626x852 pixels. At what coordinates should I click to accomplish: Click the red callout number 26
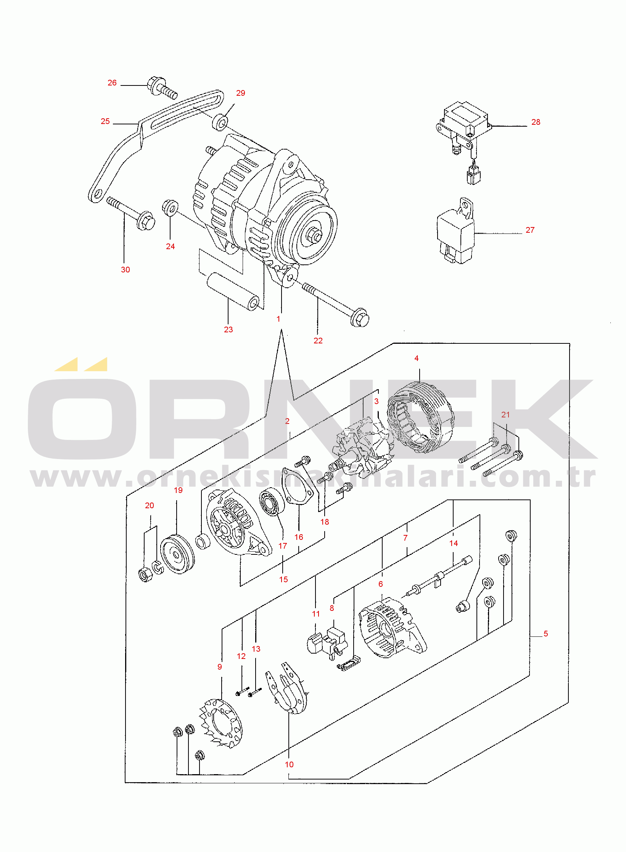pyautogui.click(x=112, y=83)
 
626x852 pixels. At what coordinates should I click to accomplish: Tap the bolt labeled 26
pyautogui.click(x=162, y=87)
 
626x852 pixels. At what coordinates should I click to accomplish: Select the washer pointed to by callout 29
pyautogui.click(x=220, y=122)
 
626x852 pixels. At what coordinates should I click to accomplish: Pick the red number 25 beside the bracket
pyautogui.click(x=105, y=121)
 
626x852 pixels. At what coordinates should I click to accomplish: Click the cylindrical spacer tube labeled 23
pyautogui.click(x=233, y=291)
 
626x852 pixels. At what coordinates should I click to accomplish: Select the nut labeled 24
pyautogui.click(x=170, y=208)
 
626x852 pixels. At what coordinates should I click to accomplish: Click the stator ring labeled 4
pyautogui.click(x=421, y=417)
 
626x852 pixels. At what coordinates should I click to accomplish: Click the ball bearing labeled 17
pyautogui.click(x=272, y=501)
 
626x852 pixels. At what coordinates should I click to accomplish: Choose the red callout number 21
pyautogui.click(x=505, y=415)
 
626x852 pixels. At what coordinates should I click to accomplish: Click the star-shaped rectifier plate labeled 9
pyautogui.click(x=221, y=723)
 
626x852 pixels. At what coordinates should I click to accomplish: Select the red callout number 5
pyautogui.click(x=546, y=634)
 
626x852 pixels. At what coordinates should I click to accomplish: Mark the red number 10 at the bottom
pyautogui.click(x=289, y=765)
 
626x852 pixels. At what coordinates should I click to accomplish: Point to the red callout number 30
pyautogui.click(x=126, y=270)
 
